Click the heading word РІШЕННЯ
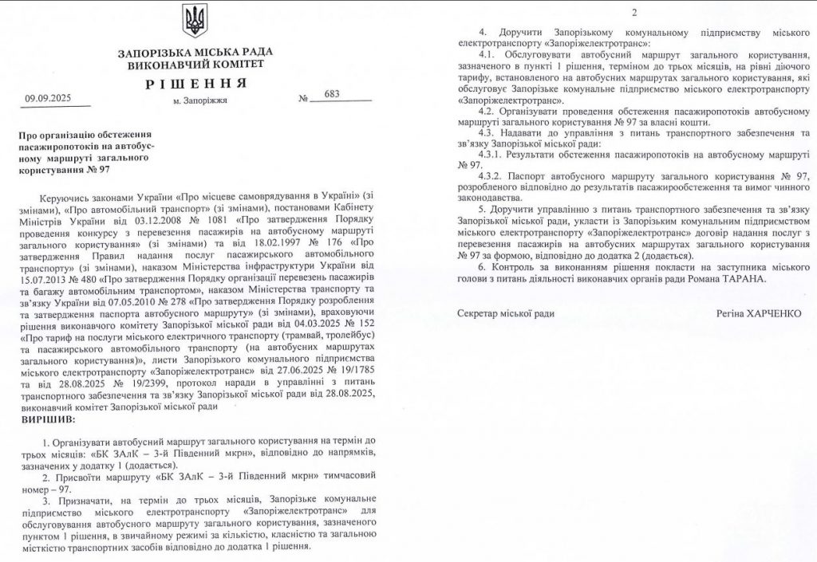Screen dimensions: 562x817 194,84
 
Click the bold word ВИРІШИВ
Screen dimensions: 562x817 49,418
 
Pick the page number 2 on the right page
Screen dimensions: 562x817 635,12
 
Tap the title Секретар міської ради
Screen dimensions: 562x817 507,314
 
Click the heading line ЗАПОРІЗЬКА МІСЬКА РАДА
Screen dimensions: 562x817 194,53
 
